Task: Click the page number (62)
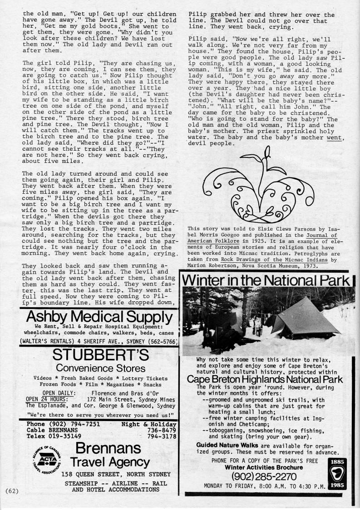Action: click(10, 491)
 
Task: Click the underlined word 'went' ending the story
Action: click(335, 137)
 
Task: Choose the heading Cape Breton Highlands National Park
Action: click(265, 379)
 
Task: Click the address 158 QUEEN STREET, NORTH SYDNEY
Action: click(116, 475)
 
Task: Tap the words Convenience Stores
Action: click(101, 368)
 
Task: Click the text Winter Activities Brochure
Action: click(264, 467)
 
